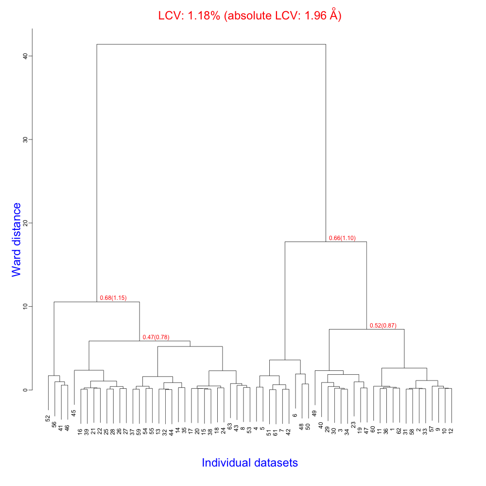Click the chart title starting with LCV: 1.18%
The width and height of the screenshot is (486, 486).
click(250, 16)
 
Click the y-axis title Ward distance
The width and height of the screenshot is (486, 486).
click(17, 240)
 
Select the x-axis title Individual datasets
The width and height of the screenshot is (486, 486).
click(250, 463)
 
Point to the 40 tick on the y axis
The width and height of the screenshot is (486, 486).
click(24, 56)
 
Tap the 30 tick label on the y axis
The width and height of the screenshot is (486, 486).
click(24, 139)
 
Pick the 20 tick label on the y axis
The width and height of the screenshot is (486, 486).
click(24, 223)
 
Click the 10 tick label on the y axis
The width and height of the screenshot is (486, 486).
click(24, 306)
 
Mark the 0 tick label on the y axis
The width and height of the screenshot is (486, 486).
click(24, 390)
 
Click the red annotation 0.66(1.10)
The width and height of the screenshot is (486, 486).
click(342, 238)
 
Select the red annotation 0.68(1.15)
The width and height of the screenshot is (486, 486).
click(113, 298)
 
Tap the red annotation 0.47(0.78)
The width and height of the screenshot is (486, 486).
click(156, 337)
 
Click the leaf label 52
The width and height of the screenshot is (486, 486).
click(48, 418)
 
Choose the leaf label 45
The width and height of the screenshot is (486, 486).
click(74, 413)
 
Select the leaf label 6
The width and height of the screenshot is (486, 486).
click(295, 416)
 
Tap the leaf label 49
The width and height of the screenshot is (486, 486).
click(314, 413)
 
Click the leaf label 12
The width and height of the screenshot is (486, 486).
click(451, 431)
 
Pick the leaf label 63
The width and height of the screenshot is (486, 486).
click(230, 426)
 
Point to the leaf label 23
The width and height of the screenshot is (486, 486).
click(353, 425)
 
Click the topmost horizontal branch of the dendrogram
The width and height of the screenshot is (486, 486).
click(211, 44)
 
